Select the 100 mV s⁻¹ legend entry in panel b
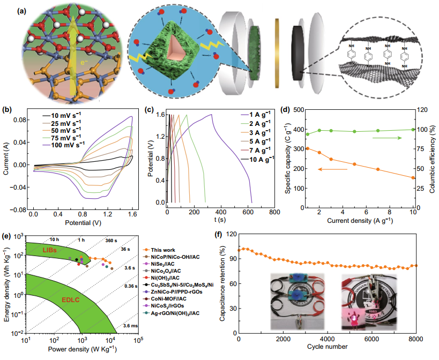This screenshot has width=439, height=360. [66, 145]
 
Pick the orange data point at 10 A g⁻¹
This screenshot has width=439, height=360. [413, 178]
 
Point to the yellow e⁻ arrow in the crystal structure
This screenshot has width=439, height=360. [70, 51]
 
